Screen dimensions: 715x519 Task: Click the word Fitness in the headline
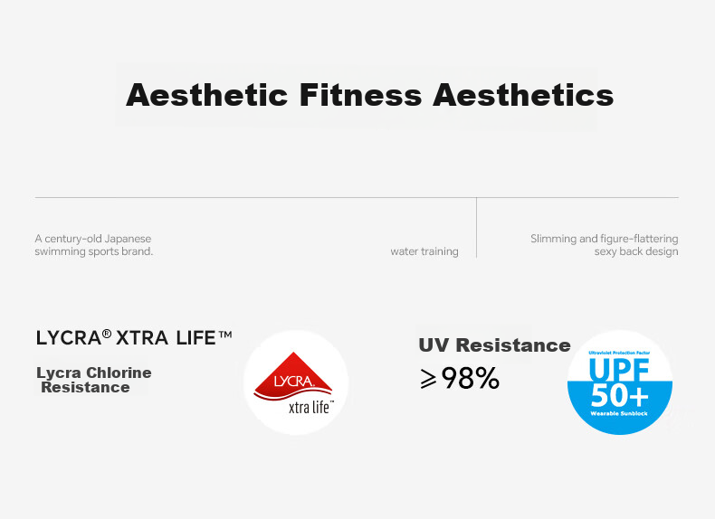click(360, 95)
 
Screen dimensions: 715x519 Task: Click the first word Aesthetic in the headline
click(206, 95)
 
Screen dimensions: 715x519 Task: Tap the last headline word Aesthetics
click(523, 95)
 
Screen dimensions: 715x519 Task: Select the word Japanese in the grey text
click(128, 239)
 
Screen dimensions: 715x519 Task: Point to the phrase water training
click(424, 251)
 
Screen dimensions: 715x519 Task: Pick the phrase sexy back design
click(636, 251)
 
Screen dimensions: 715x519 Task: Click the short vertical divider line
click(476, 228)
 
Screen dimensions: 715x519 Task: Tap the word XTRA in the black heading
click(142, 338)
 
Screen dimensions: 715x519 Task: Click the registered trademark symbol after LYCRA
click(107, 334)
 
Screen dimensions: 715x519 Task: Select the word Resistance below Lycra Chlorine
click(85, 387)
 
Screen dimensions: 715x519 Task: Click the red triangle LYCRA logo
click(293, 377)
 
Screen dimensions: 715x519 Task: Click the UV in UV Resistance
click(434, 344)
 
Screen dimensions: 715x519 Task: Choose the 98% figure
click(471, 378)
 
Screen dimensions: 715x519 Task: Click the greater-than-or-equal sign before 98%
click(428, 379)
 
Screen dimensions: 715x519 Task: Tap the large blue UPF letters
click(619, 370)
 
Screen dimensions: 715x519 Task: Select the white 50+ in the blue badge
click(619, 396)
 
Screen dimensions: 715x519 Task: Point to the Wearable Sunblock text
click(619, 414)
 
